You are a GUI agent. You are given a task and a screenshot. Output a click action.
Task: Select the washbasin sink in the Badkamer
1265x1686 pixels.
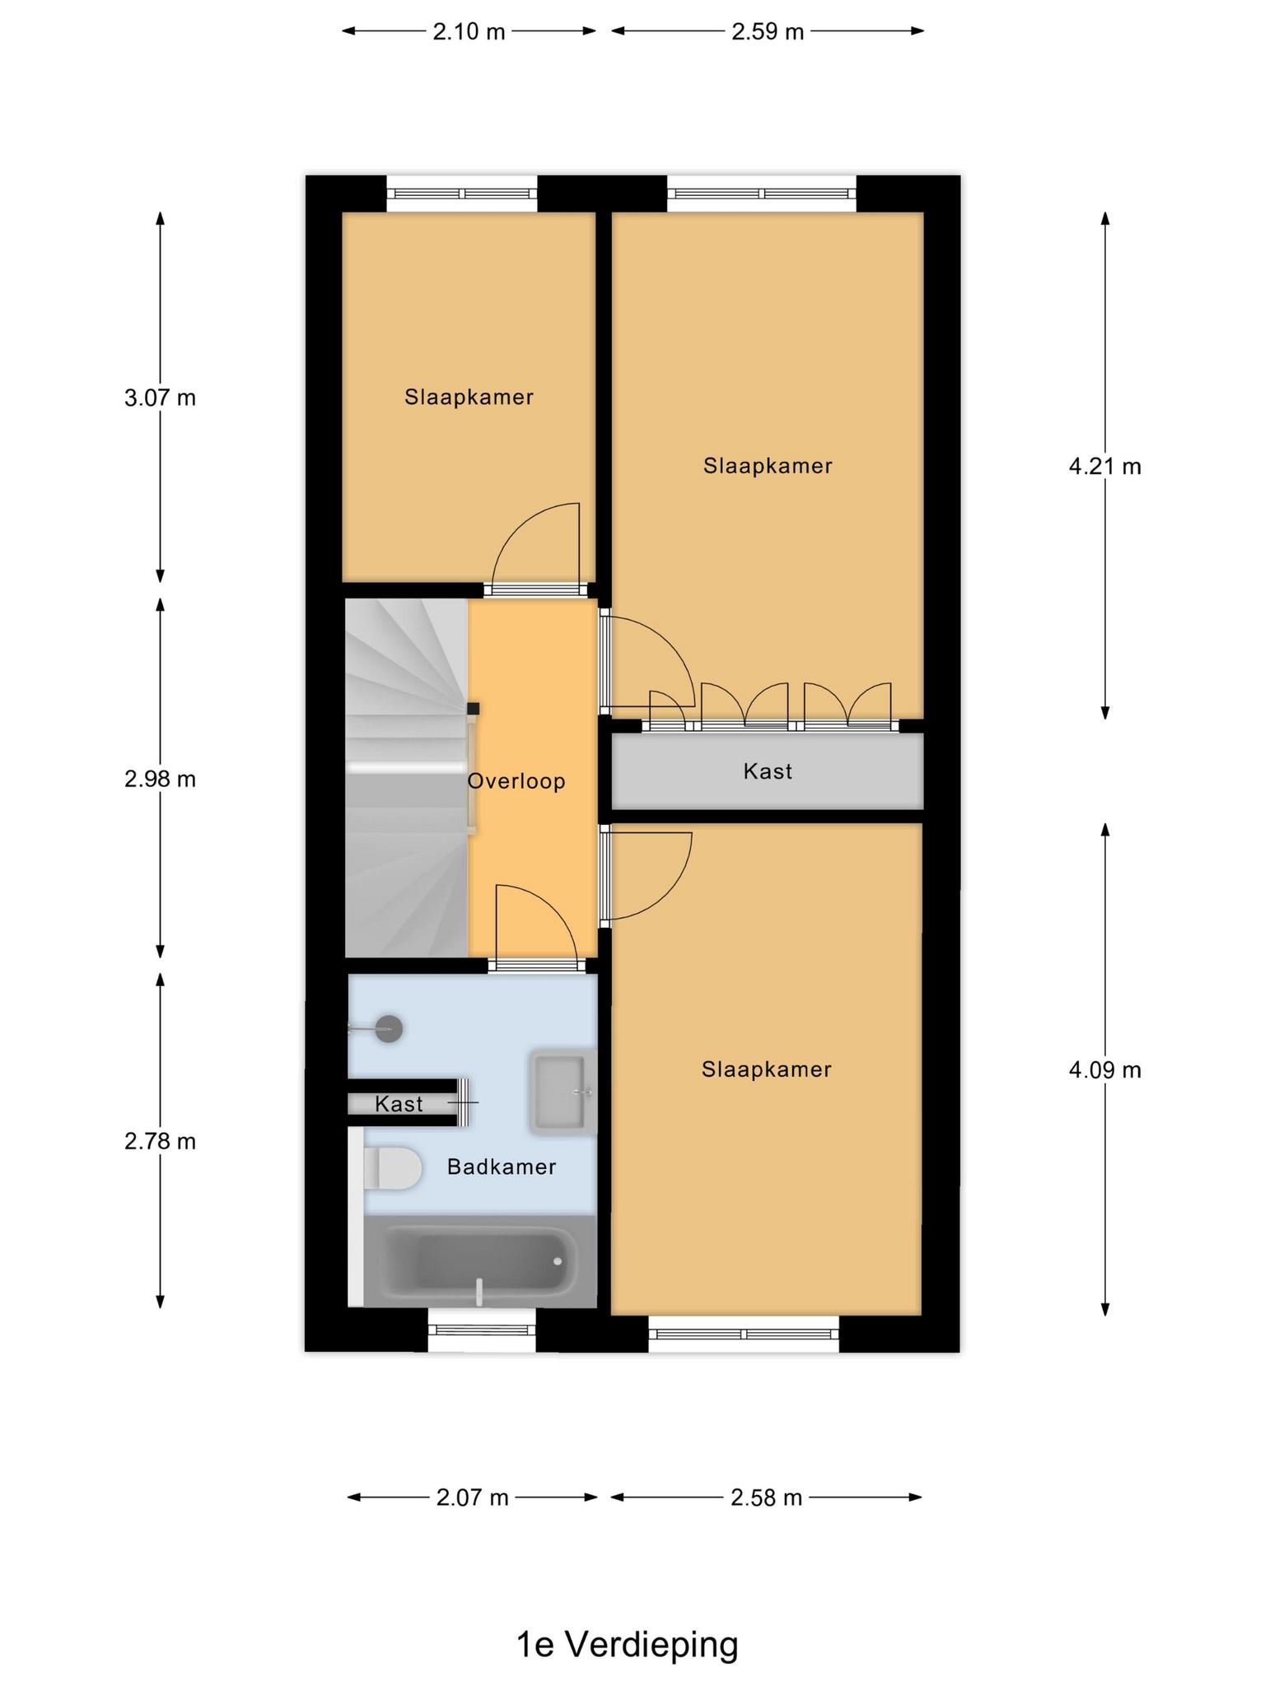click(562, 1092)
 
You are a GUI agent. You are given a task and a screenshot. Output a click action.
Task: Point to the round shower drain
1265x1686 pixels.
click(389, 1029)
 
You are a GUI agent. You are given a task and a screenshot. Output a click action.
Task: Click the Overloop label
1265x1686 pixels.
click(516, 781)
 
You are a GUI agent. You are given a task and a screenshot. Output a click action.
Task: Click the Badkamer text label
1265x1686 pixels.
click(502, 1167)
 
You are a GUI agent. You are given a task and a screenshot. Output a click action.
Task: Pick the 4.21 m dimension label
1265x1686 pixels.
click(1105, 467)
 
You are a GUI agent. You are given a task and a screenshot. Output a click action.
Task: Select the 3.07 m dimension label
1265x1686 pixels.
click(161, 398)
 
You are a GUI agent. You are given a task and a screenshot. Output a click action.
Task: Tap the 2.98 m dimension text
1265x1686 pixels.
click(161, 779)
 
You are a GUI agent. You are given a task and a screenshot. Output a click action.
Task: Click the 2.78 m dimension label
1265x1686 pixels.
click(161, 1141)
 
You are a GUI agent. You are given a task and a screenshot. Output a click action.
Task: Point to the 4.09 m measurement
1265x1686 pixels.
click(1105, 1070)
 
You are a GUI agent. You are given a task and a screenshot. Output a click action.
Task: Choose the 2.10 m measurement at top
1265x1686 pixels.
click(469, 32)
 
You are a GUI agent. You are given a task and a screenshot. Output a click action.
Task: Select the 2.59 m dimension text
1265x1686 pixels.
click(768, 32)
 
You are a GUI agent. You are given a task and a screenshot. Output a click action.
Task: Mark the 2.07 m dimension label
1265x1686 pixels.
click(473, 1497)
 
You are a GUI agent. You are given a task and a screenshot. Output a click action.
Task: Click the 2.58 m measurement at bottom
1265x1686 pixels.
click(767, 1497)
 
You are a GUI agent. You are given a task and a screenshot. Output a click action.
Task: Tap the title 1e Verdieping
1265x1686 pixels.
click(628, 1645)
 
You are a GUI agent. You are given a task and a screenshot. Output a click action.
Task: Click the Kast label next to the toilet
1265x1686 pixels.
click(399, 1104)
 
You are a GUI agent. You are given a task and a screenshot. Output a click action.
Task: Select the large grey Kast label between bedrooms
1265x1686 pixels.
click(768, 771)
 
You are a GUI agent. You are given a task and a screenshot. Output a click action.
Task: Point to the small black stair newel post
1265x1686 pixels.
click(474, 708)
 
